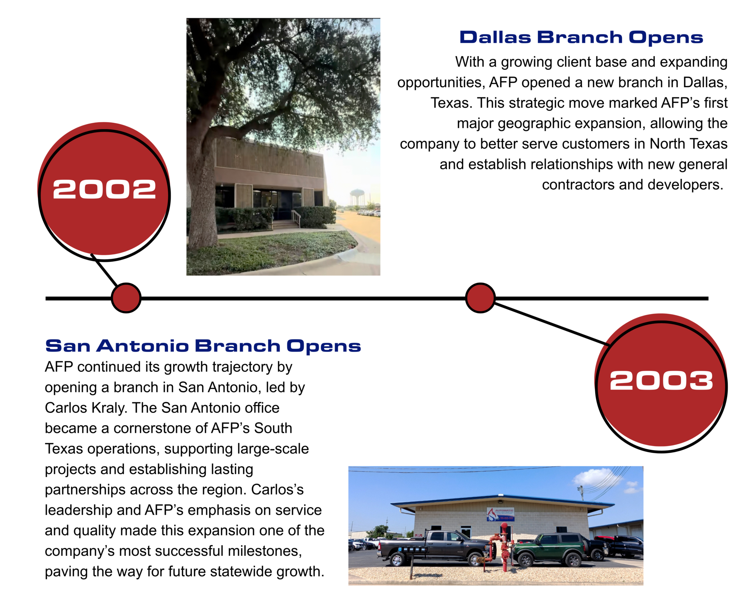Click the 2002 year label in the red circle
coord(105,190)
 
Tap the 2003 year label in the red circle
coord(661,381)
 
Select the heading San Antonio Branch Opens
coord(203,346)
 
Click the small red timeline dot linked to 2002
coord(126,298)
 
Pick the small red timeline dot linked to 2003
coord(480,298)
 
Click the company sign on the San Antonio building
coord(500,514)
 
